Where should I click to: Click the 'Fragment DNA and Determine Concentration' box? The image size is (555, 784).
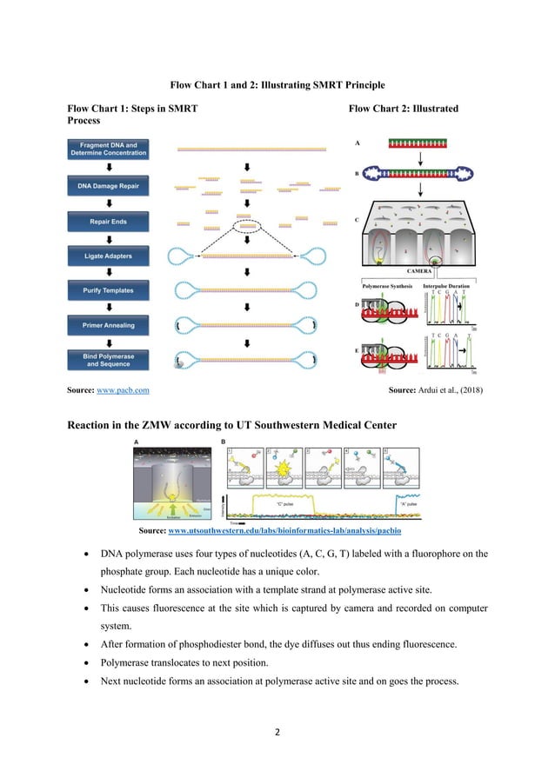[109, 149]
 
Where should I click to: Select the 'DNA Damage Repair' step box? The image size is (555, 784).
[109, 186]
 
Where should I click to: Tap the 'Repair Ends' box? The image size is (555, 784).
[109, 222]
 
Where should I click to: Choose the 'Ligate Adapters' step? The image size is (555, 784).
[109, 256]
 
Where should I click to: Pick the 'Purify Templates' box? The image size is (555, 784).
[109, 291]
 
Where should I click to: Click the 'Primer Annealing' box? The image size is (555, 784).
[109, 326]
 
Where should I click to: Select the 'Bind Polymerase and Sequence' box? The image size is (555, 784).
[109, 360]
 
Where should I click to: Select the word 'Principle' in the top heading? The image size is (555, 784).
[364, 84]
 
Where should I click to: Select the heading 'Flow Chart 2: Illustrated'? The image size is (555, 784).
[403, 109]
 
